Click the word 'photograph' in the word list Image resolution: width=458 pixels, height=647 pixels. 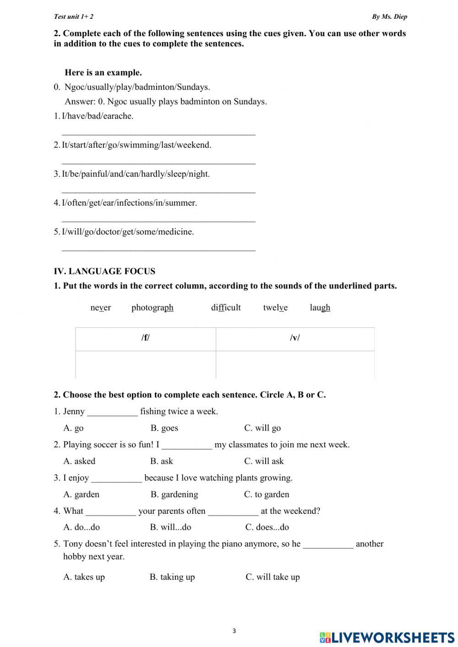click(x=152, y=308)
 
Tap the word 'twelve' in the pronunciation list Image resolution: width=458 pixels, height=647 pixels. click(x=275, y=308)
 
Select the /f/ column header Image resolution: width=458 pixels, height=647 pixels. click(x=146, y=338)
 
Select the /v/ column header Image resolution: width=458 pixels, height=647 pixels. click(x=295, y=338)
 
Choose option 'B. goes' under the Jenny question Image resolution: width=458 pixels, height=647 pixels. click(x=164, y=428)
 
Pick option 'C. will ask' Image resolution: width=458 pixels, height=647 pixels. click(x=264, y=461)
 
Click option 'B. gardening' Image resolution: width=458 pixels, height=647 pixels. click(x=174, y=495)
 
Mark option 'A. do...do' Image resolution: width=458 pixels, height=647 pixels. click(x=82, y=527)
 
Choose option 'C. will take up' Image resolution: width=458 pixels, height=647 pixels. click(x=273, y=577)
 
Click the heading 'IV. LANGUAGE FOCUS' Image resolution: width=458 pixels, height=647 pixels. click(x=104, y=272)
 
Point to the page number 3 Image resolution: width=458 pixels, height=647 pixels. click(x=234, y=631)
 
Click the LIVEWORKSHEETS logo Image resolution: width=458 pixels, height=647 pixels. click(x=387, y=637)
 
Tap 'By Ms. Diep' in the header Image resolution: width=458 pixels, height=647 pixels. click(x=389, y=17)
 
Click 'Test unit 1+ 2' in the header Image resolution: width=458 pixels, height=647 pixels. click(x=73, y=17)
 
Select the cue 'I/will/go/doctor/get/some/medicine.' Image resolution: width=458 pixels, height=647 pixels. click(x=127, y=232)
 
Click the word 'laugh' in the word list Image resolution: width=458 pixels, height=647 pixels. click(x=320, y=308)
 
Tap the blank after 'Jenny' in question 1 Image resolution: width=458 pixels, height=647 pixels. click(x=112, y=412)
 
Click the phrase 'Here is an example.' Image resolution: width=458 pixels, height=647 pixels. click(x=103, y=73)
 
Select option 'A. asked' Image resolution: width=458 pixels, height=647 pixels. click(x=79, y=461)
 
